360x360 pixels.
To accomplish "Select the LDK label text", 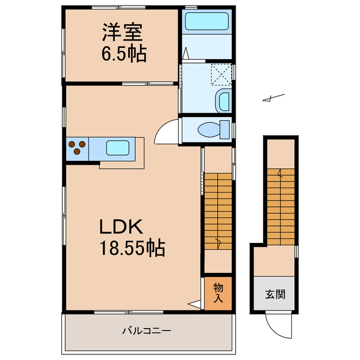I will click(123, 227).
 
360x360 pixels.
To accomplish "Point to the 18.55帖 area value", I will click(132, 247).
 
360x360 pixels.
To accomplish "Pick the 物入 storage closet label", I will click(218, 292).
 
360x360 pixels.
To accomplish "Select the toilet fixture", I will click(211, 129).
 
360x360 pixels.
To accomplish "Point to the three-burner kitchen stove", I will click(78, 148).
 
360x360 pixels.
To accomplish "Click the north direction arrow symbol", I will click(273, 99).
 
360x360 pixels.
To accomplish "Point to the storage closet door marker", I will click(195, 304).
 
